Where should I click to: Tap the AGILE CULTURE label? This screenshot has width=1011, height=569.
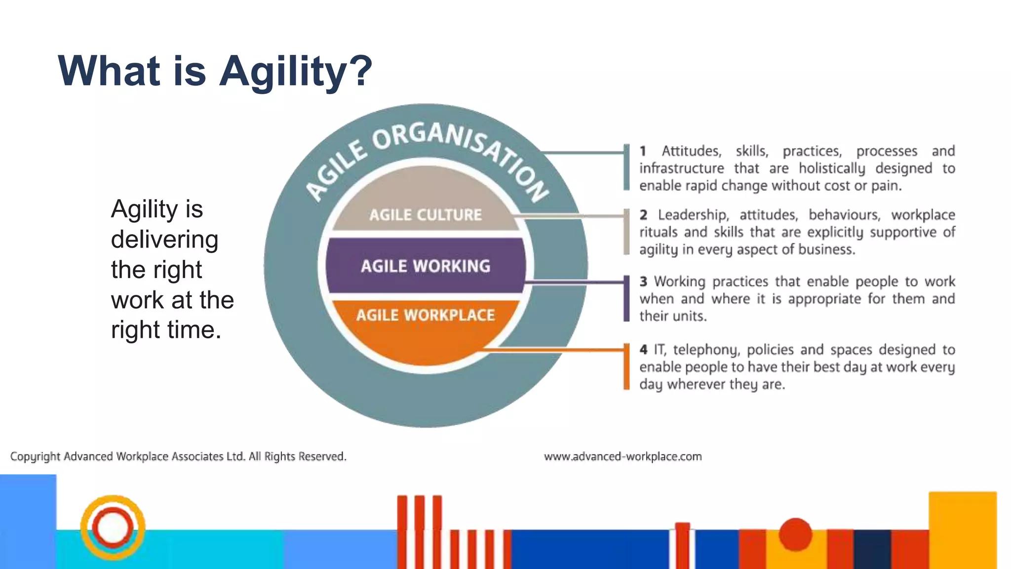(426, 215)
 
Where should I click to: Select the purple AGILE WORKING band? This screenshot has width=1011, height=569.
(426, 266)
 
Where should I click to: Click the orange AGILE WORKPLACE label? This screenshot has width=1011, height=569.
(426, 315)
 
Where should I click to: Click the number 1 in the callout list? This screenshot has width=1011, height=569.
(643, 151)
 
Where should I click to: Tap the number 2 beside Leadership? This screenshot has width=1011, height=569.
(643, 215)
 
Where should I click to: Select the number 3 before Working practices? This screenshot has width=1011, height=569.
(643, 282)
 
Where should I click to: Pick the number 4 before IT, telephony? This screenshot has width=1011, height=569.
(643, 350)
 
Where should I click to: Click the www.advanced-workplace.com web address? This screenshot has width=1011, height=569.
(622, 457)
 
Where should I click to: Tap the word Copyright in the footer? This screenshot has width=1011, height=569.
(35, 457)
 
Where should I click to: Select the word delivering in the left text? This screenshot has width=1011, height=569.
(164, 240)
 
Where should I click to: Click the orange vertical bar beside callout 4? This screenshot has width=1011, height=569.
(626, 366)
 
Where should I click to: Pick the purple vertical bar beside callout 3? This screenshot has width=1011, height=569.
(626, 298)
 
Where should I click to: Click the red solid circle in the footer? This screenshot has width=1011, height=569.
(795, 534)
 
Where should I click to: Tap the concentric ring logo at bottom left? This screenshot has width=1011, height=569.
(113, 528)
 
